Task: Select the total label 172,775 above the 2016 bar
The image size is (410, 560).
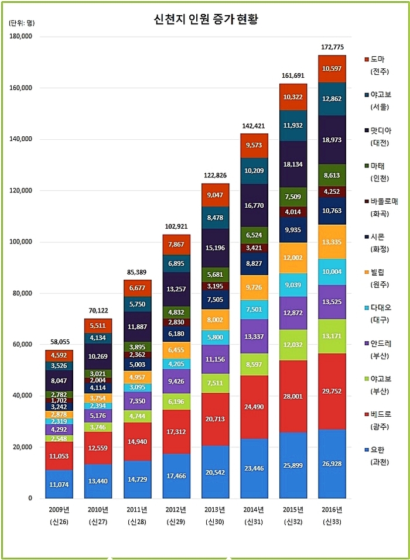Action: (x=332, y=47)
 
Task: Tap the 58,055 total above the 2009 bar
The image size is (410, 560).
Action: (x=59, y=342)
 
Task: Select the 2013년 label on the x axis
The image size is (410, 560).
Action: (x=215, y=509)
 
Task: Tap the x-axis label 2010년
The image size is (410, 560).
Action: (x=98, y=509)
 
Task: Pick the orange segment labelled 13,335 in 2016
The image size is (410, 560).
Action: (x=332, y=242)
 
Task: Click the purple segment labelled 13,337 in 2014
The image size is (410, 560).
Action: (x=254, y=336)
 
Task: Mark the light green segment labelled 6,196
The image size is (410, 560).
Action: (x=176, y=402)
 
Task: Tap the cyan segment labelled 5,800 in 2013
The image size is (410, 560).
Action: (x=215, y=338)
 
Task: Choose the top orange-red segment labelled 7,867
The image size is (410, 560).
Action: (x=176, y=245)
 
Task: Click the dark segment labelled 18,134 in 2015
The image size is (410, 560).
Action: (x=293, y=164)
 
